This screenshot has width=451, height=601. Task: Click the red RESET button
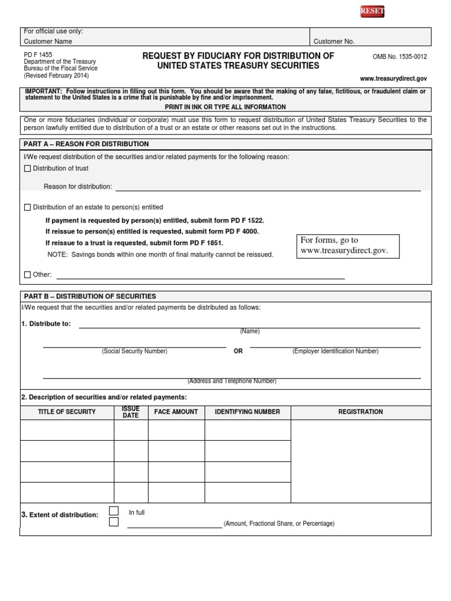click(372, 12)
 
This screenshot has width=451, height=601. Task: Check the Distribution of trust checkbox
click(27, 168)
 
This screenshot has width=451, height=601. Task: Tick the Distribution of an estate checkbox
click(27, 207)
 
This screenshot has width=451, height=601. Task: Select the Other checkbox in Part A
click(27, 275)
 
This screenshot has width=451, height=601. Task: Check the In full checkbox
click(114, 511)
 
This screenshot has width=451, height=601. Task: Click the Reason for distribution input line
click(268, 187)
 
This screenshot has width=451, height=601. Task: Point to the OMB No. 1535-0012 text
click(400, 57)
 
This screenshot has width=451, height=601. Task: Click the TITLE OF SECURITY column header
click(67, 412)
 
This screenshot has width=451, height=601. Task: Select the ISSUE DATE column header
click(130, 412)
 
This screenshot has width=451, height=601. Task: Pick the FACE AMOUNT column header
click(176, 412)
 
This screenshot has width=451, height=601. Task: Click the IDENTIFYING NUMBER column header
click(247, 412)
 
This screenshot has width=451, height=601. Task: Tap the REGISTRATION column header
click(361, 412)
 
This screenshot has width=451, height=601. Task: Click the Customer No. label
click(334, 42)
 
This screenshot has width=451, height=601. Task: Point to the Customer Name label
click(48, 42)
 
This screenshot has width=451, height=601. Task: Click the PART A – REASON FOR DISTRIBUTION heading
click(86, 144)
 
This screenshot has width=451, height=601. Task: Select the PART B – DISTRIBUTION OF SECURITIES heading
click(89, 296)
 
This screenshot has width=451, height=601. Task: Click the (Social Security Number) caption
click(134, 351)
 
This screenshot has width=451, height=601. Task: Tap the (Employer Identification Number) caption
click(335, 351)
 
